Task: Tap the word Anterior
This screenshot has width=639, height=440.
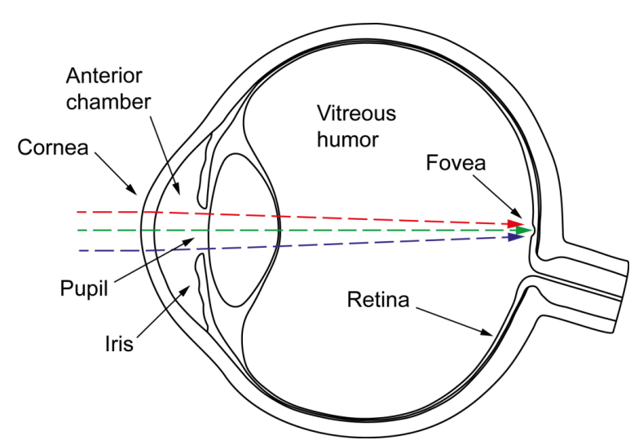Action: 104,76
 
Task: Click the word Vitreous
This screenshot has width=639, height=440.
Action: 356,113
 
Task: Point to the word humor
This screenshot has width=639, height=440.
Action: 348,139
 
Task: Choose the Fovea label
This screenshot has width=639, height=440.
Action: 456,163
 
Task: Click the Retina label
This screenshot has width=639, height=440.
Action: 377,300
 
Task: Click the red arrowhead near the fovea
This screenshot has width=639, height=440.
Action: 516,223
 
